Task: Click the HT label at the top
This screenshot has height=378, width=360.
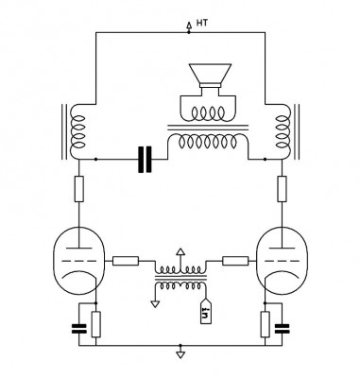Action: tap(202, 23)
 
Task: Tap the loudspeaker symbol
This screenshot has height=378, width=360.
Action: tap(210, 76)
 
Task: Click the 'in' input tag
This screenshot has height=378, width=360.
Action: tap(206, 311)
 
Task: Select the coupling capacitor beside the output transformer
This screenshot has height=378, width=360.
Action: tap(145, 160)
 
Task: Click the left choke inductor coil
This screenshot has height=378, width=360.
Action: tap(77, 131)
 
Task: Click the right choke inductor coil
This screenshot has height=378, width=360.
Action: tap(283, 131)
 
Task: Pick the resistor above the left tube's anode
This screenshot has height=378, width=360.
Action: tap(79, 189)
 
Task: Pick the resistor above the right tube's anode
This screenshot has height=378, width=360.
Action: tap(282, 189)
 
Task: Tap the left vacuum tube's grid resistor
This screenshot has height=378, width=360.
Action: tap(126, 261)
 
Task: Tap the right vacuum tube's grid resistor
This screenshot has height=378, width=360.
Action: tap(235, 261)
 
